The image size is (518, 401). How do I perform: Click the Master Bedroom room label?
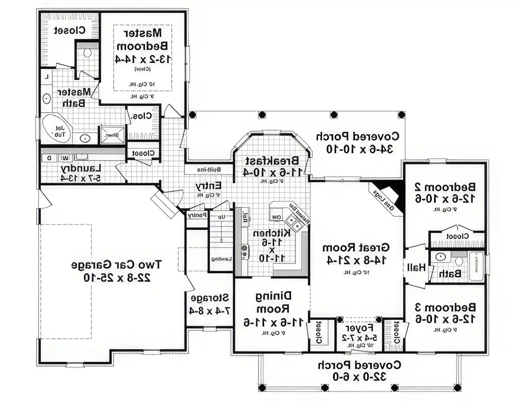142,39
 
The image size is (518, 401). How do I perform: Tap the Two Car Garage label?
116,265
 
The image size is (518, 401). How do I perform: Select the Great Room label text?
356,248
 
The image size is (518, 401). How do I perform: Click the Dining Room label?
274,302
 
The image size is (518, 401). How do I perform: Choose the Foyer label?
359,328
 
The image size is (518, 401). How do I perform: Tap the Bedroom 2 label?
445,187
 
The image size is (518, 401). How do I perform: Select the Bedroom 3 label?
445,307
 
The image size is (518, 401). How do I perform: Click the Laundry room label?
81,169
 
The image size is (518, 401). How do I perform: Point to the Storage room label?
210,298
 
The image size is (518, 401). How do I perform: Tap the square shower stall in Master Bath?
112,135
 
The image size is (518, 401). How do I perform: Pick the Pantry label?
197,215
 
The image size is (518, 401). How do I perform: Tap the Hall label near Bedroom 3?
416,267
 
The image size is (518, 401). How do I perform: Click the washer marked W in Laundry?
65,158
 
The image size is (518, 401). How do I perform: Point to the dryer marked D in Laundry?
49,158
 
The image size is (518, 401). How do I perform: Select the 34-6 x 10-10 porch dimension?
359,149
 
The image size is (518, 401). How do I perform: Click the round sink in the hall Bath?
440,257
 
